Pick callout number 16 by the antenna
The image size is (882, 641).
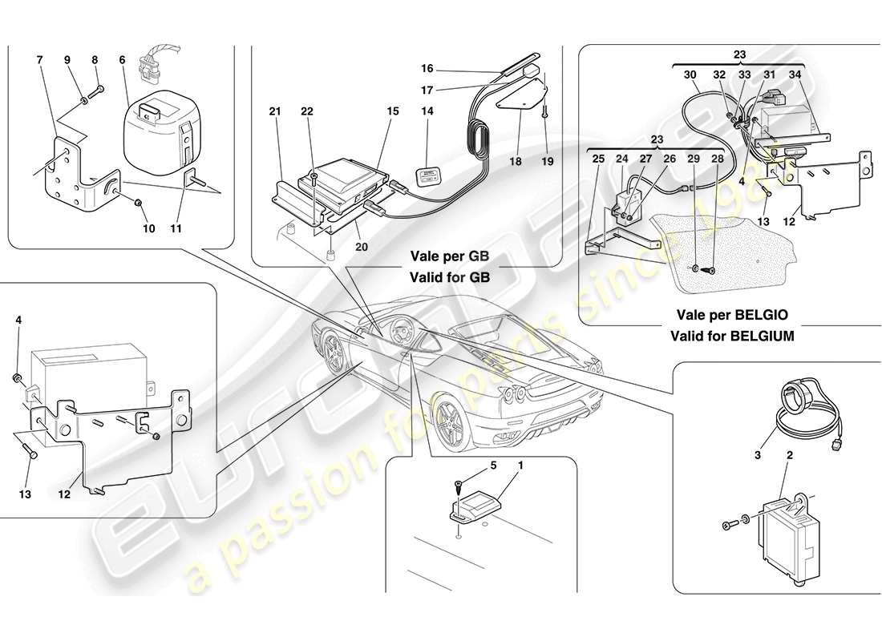click(x=428, y=69)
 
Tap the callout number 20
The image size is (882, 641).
click(x=361, y=247)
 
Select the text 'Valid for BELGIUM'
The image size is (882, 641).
click(x=733, y=337)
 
